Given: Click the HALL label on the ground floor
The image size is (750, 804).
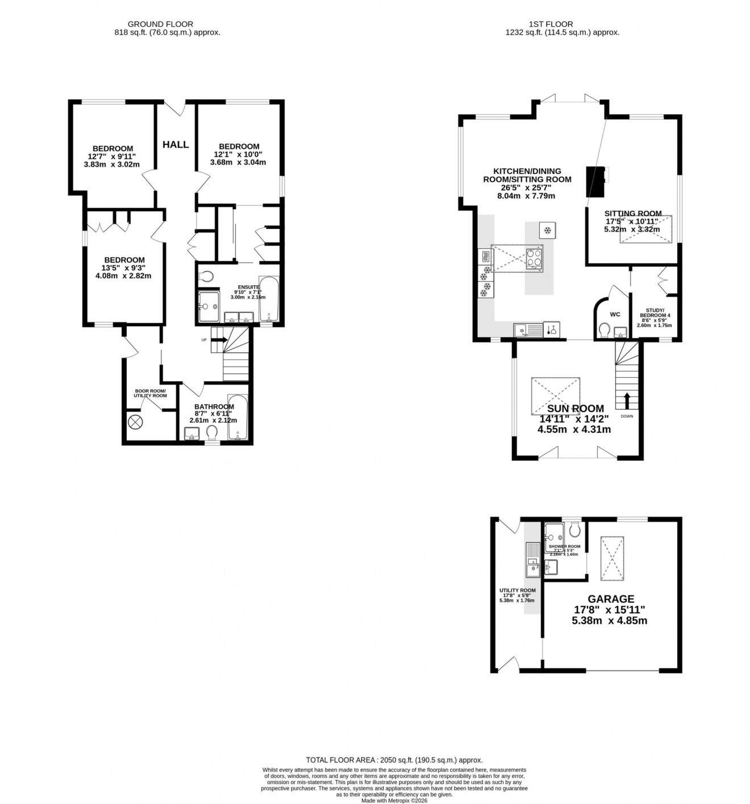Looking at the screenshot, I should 176,144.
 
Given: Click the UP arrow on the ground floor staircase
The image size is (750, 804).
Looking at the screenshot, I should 220,340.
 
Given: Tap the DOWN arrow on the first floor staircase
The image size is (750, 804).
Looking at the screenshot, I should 627,401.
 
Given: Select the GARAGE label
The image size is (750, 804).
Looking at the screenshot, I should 611,599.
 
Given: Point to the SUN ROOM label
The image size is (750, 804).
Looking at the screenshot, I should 575,409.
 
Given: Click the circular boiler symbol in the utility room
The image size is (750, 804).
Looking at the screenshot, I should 136,422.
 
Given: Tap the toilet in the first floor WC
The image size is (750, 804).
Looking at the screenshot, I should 605,329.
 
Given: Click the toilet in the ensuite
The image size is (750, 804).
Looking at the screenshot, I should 206,277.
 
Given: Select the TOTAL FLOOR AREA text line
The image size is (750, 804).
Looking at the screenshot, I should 394,760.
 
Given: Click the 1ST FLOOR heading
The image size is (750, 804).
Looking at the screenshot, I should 551,24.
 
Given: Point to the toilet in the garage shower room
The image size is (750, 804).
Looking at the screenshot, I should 574,531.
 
